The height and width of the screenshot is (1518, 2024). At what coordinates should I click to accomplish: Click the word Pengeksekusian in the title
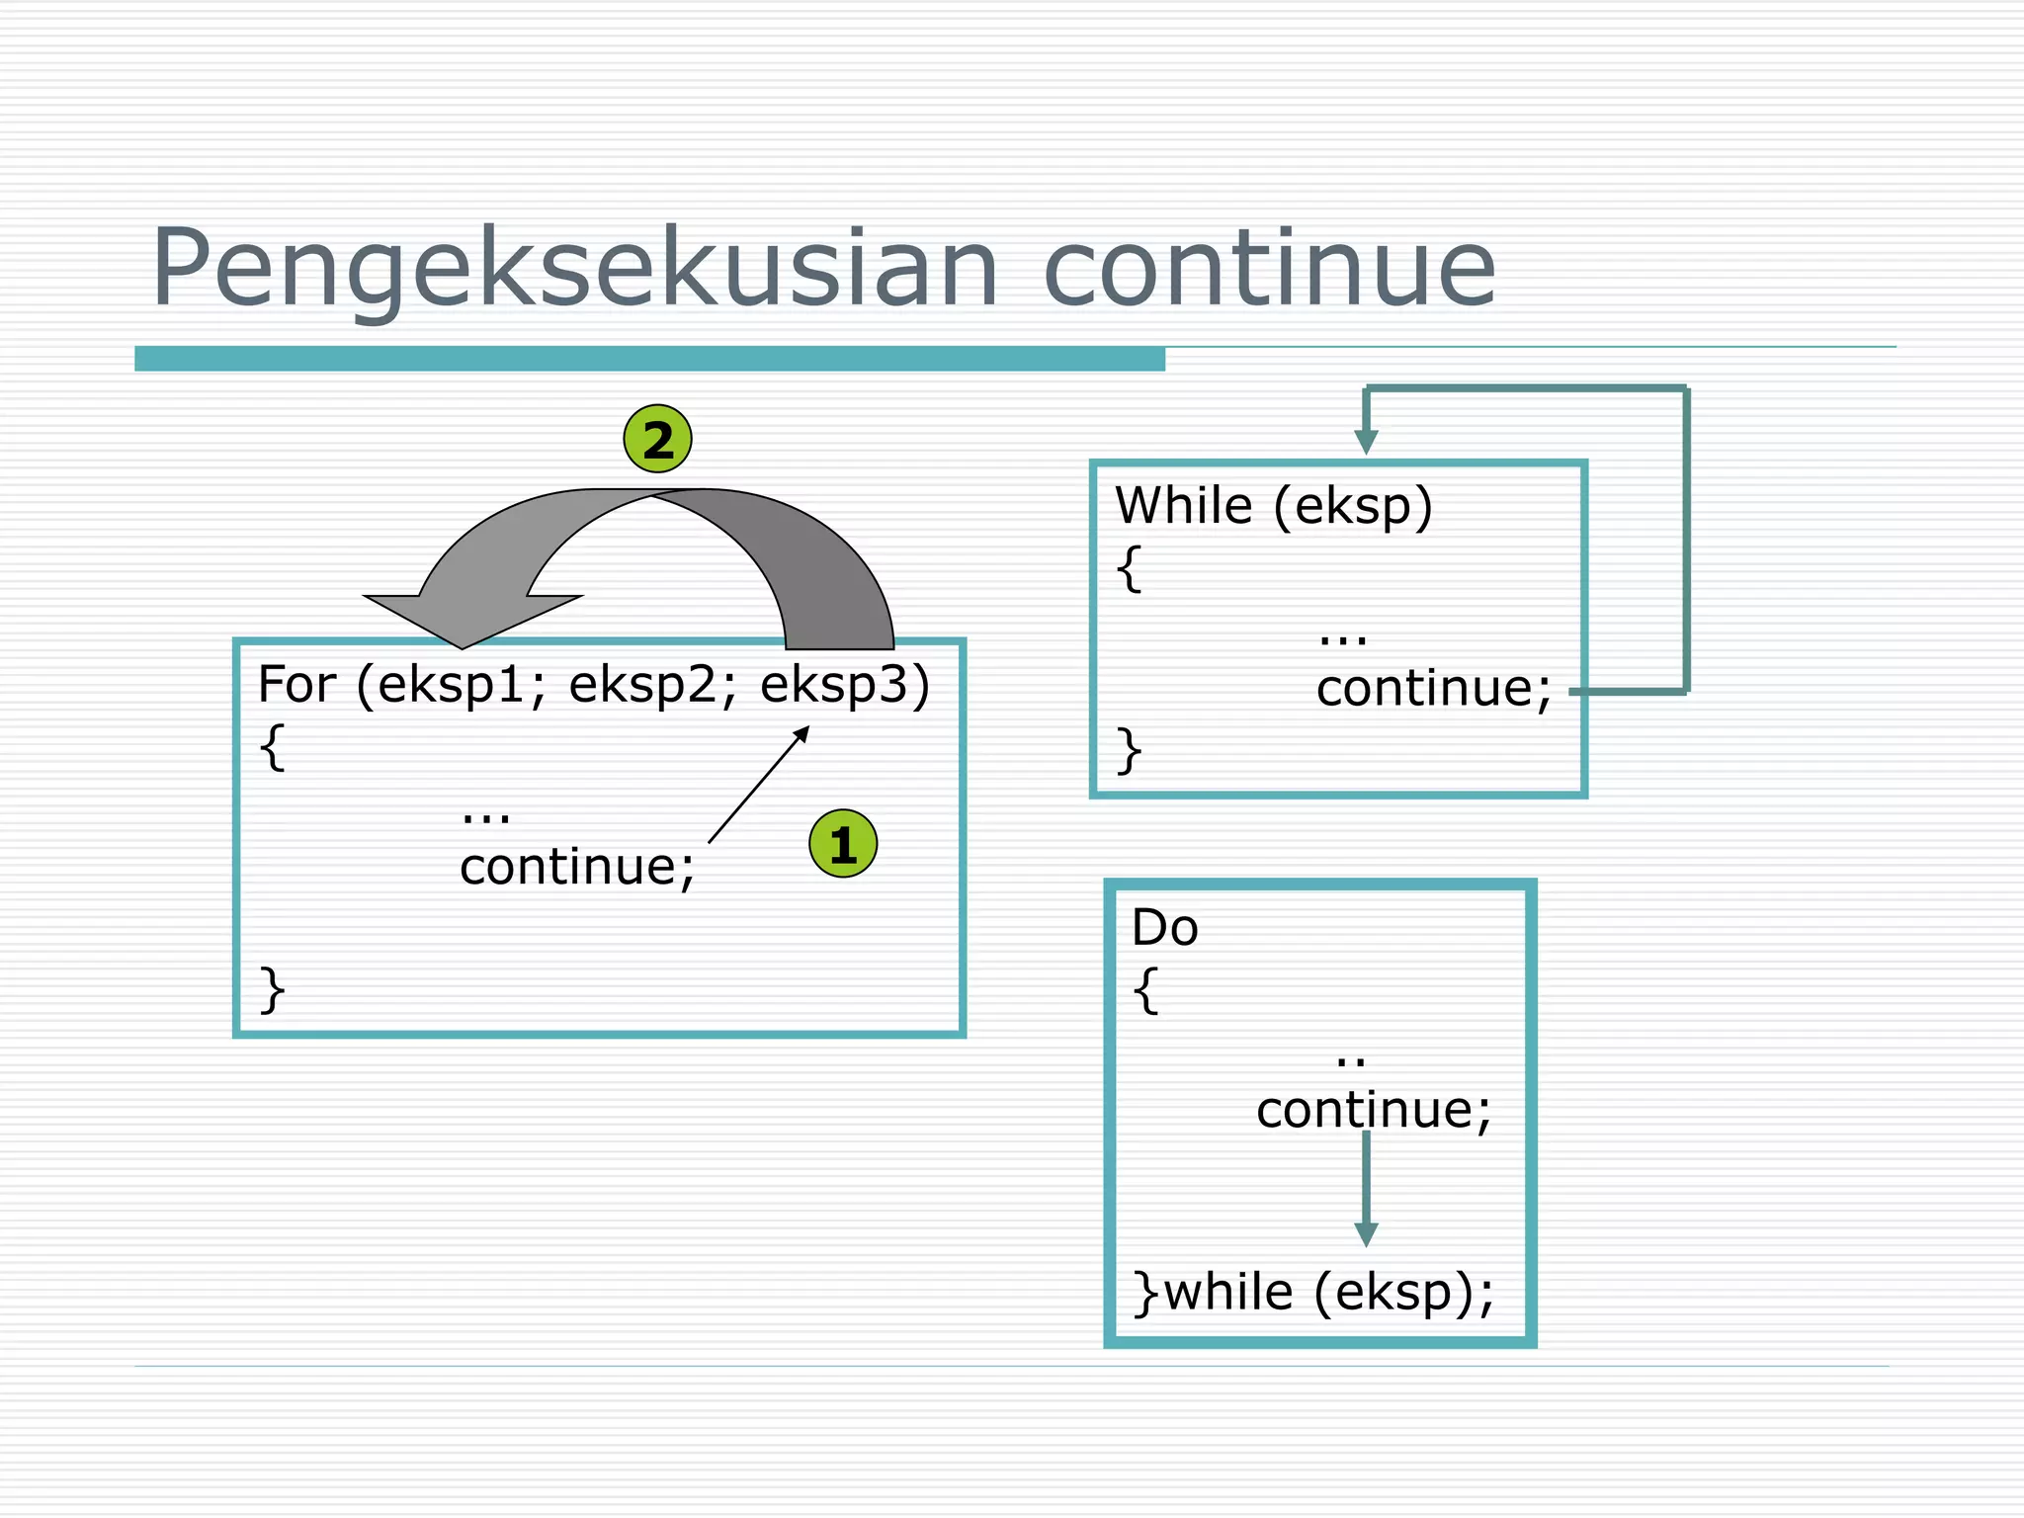click(x=573, y=269)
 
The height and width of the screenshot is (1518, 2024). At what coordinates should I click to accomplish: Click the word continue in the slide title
click(x=1269, y=269)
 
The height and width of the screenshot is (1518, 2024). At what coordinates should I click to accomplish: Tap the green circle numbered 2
click(x=657, y=439)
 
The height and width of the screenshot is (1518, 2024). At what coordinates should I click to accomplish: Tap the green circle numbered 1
click(x=843, y=844)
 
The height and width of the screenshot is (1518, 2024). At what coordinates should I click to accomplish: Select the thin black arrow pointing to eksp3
click(x=759, y=785)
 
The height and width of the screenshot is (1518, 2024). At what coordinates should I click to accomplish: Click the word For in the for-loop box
click(x=296, y=684)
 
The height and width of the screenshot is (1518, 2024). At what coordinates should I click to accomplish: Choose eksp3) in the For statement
click(x=845, y=685)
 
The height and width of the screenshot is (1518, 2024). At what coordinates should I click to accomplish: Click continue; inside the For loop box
click(x=577, y=867)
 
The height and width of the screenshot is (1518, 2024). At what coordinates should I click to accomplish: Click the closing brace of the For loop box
click(x=272, y=989)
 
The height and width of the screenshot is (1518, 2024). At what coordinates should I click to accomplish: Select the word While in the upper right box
click(x=1183, y=506)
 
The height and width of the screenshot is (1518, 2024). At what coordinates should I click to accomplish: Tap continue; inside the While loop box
click(x=1433, y=688)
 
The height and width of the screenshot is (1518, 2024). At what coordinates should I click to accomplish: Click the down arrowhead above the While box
click(x=1366, y=442)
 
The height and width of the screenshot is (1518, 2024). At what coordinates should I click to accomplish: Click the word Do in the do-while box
click(x=1164, y=927)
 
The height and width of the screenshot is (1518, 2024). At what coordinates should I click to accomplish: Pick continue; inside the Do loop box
click(x=1374, y=1109)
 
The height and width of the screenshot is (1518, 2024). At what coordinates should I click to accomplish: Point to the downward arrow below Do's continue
click(x=1366, y=1191)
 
